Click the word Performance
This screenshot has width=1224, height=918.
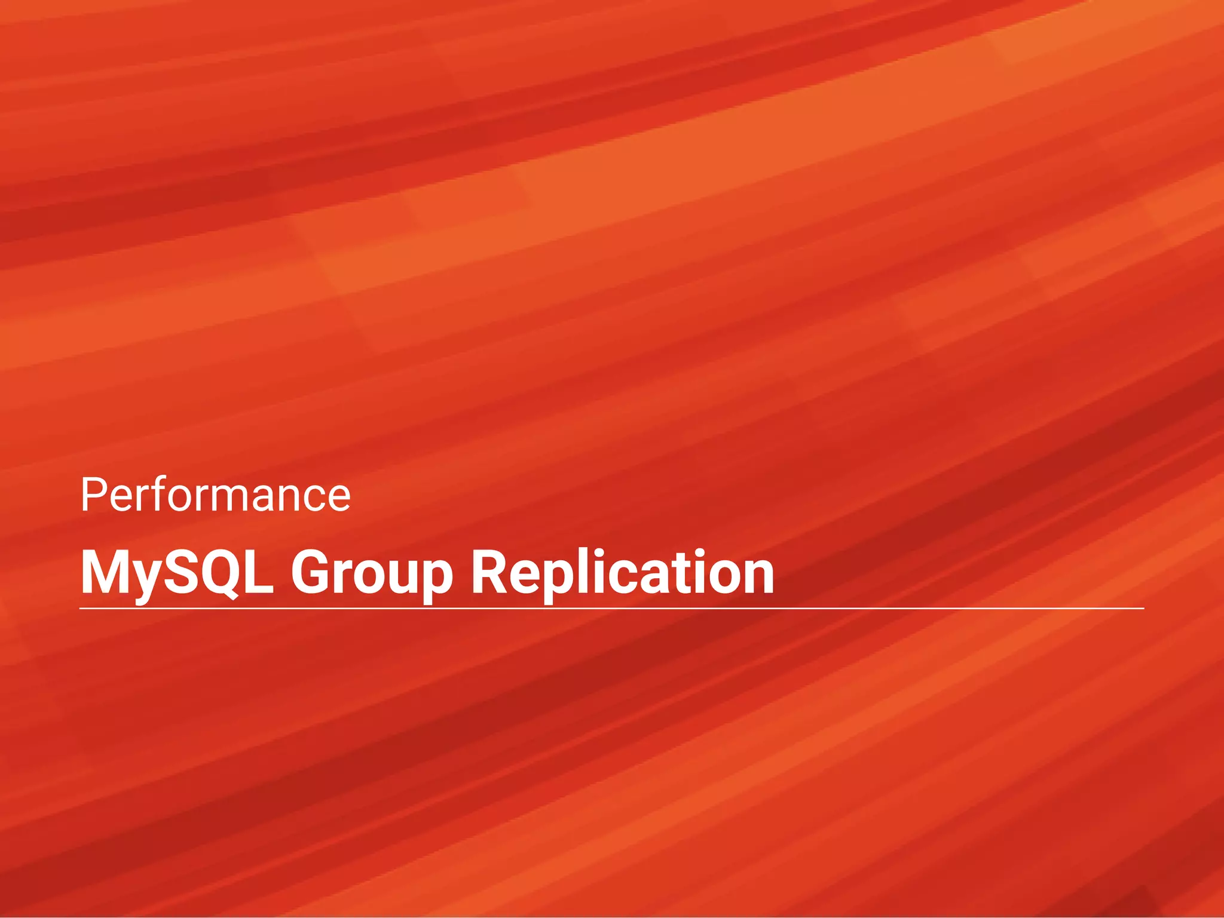point(215,496)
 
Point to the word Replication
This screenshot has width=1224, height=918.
point(622,573)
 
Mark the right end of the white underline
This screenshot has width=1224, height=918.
point(1143,609)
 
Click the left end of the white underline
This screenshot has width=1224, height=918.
point(80,609)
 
